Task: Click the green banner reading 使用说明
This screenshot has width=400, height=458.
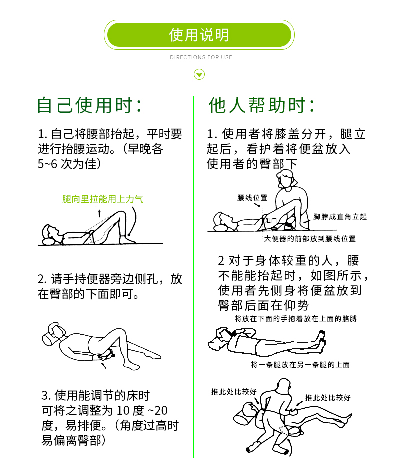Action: [x=199, y=35]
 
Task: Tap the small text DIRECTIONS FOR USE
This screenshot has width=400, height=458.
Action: [x=201, y=57]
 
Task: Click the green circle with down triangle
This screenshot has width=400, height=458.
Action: [x=199, y=75]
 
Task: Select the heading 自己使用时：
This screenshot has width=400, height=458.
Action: [x=90, y=105]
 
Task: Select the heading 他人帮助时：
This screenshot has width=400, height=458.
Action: [x=262, y=105]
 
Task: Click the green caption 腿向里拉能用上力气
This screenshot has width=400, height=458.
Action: [x=103, y=199]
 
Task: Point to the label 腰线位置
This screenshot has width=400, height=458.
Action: [x=252, y=198]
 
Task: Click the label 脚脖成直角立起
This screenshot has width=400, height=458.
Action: [x=340, y=217]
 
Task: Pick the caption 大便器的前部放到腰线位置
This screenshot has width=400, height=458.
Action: [x=310, y=239]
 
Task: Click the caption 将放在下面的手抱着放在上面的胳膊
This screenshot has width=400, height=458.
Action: [x=296, y=319]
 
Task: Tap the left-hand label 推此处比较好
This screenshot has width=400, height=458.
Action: [x=234, y=392]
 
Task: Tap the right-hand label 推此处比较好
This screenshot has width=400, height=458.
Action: [x=328, y=398]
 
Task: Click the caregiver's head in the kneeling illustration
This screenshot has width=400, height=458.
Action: [x=286, y=177]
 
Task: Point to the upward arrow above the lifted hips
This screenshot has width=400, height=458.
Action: [x=99, y=213]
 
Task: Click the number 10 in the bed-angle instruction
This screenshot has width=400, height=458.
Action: [x=123, y=411]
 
